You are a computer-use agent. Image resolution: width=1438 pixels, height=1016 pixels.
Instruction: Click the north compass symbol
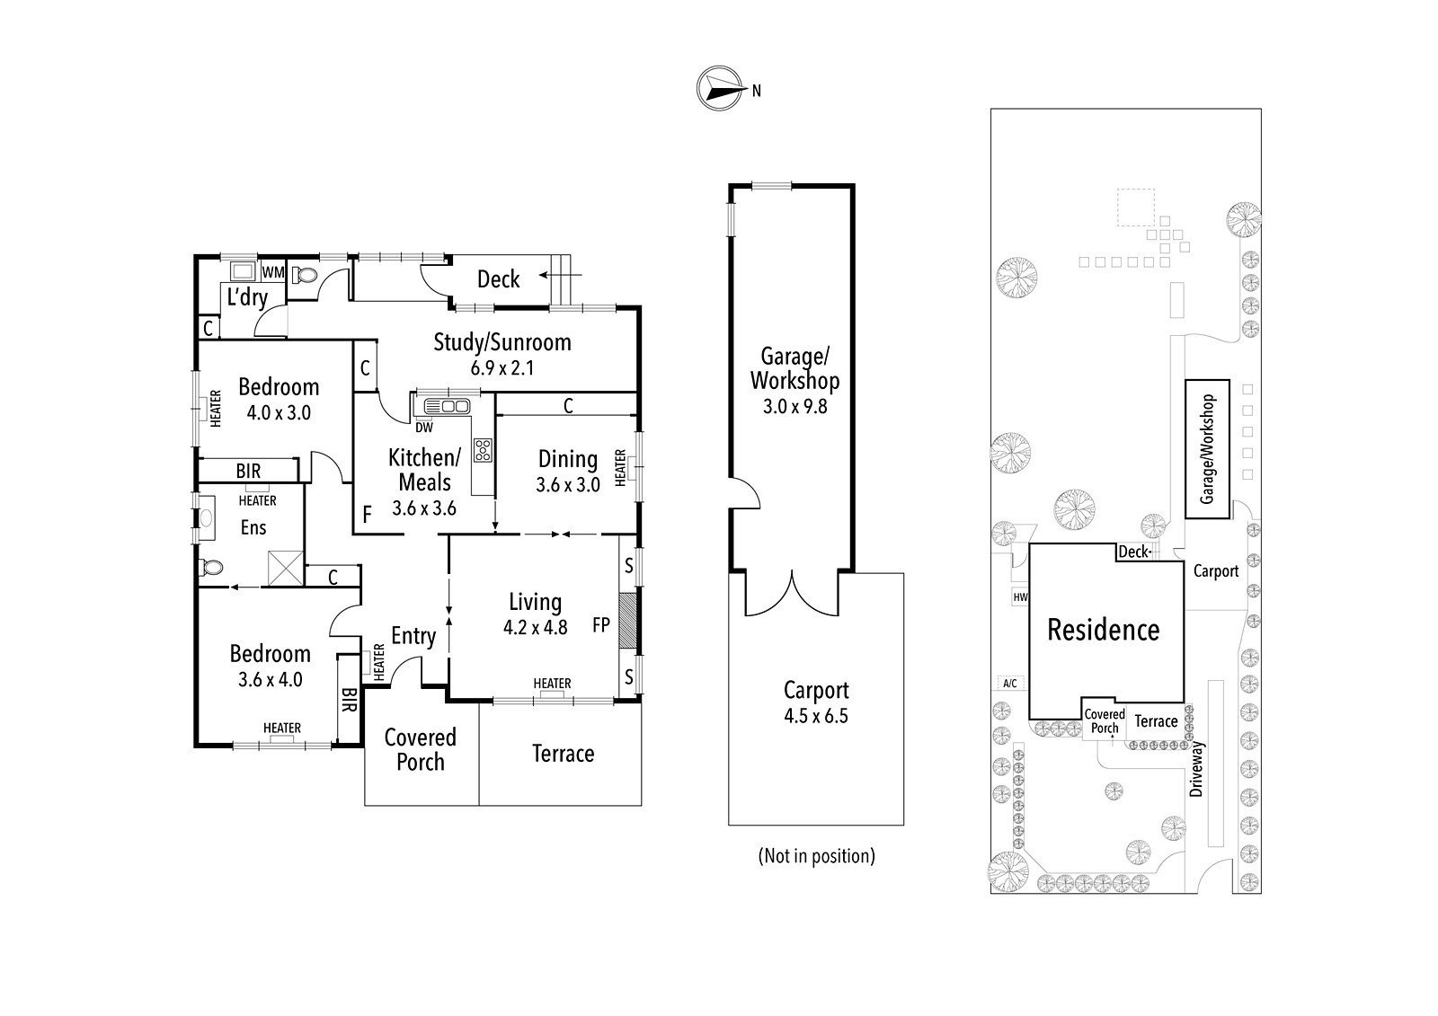click(720, 88)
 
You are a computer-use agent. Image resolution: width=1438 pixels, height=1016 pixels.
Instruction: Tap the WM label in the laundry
click(273, 272)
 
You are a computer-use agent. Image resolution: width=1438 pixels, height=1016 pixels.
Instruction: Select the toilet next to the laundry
click(305, 276)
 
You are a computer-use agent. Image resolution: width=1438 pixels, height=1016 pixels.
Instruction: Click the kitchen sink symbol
click(447, 406)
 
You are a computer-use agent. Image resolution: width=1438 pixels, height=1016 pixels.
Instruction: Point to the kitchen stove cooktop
click(483, 450)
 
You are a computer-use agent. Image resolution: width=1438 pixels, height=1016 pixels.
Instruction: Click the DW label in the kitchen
click(423, 428)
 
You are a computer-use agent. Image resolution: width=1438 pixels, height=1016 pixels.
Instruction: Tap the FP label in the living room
click(601, 625)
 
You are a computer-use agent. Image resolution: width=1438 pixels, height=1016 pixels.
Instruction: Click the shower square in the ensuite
click(285, 568)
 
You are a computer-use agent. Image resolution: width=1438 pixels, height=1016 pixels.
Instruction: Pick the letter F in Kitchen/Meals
click(368, 514)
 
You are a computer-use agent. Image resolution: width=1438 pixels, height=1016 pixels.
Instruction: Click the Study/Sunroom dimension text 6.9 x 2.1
click(502, 368)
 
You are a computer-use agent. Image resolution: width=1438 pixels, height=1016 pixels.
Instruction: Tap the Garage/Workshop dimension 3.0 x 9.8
click(794, 406)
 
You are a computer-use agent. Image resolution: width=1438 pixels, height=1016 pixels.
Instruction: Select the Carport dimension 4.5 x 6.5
click(816, 716)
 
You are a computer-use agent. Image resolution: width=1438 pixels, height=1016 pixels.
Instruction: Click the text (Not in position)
click(817, 855)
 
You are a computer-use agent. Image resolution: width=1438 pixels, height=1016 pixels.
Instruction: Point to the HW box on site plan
click(1020, 596)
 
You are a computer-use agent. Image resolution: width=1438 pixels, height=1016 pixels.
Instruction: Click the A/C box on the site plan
click(1010, 683)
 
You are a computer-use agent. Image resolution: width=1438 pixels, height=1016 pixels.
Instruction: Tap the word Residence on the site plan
click(1104, 630)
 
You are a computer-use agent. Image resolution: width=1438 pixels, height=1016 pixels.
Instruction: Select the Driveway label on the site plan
click(1195, 769)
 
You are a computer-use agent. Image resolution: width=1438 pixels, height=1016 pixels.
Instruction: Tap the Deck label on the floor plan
click(498, 279)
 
